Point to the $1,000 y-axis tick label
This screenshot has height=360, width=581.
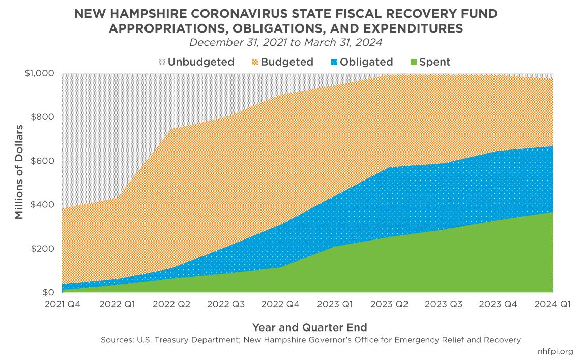tap(39, 73)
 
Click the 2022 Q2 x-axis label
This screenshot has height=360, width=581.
tap(170, 304)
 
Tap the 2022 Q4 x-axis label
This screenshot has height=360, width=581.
tap(279, 304)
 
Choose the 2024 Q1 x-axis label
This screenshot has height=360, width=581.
tap(553, 304)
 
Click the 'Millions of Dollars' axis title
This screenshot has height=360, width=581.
tap(19, 171)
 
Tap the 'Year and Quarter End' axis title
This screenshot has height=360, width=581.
tap(309, 327)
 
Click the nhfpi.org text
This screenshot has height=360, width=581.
tap(555, 351)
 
